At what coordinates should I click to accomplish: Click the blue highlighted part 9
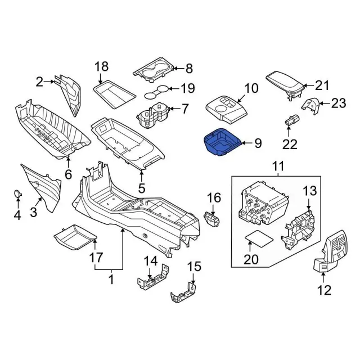(222, 143)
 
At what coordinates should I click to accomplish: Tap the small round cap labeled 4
(18, 193)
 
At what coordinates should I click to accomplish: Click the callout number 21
(321, 85)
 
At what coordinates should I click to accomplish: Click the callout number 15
(193, 265)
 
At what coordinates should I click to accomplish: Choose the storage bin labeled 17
(74, 236)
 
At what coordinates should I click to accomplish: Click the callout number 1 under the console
(111, 277)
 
